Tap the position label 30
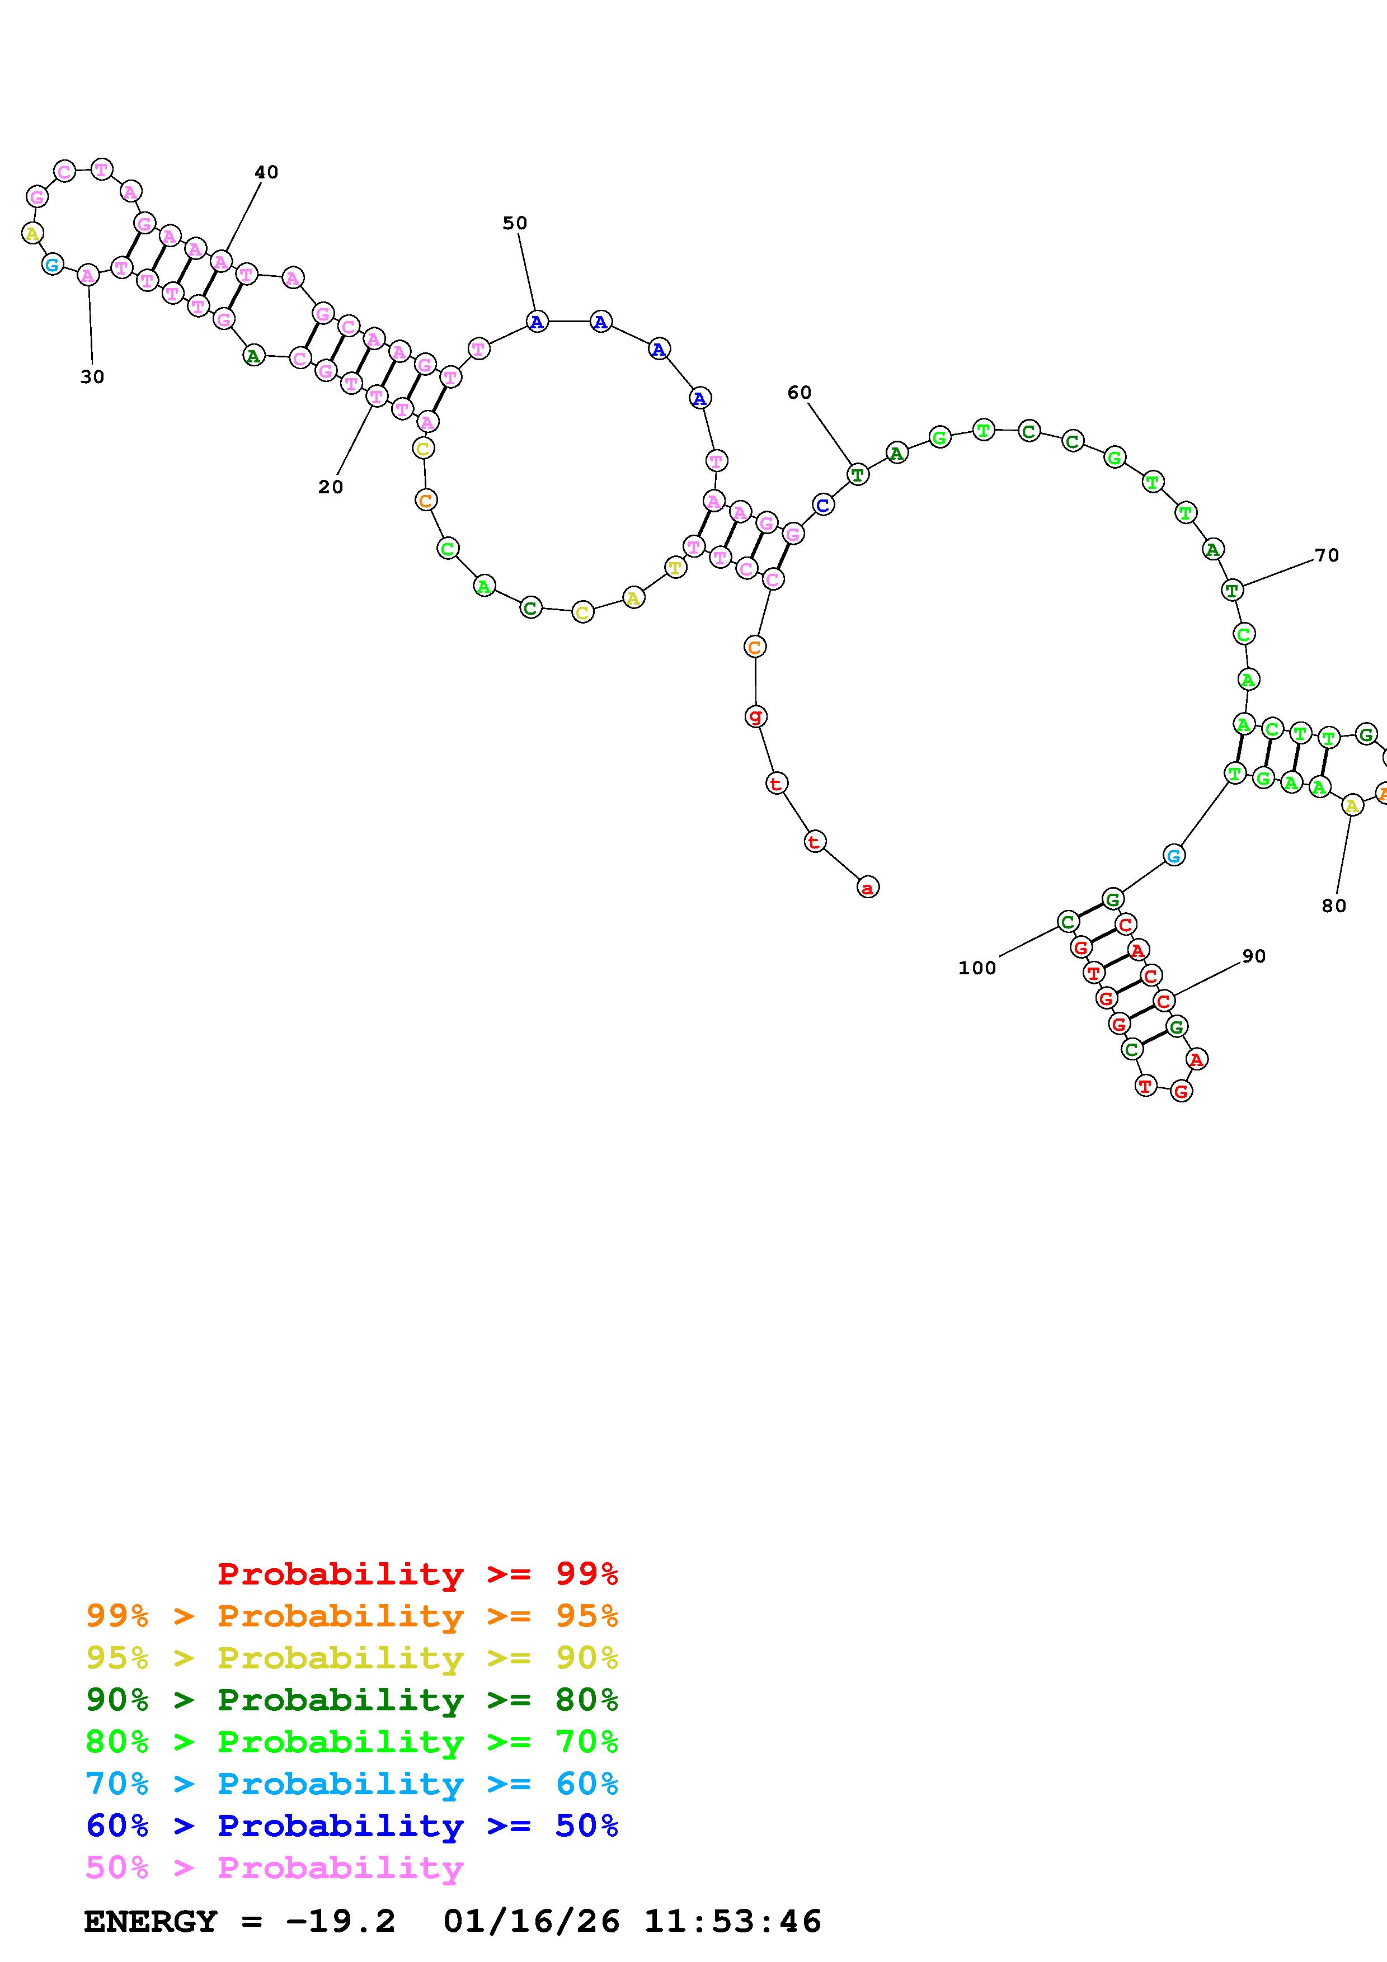point(92,377)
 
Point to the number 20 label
point(331,487)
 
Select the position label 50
point(515,223)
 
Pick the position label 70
point(1327,555)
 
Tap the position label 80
point(1333,906)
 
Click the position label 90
point(1254,956)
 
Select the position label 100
point(977,968)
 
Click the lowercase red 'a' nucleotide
point(867,888)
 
